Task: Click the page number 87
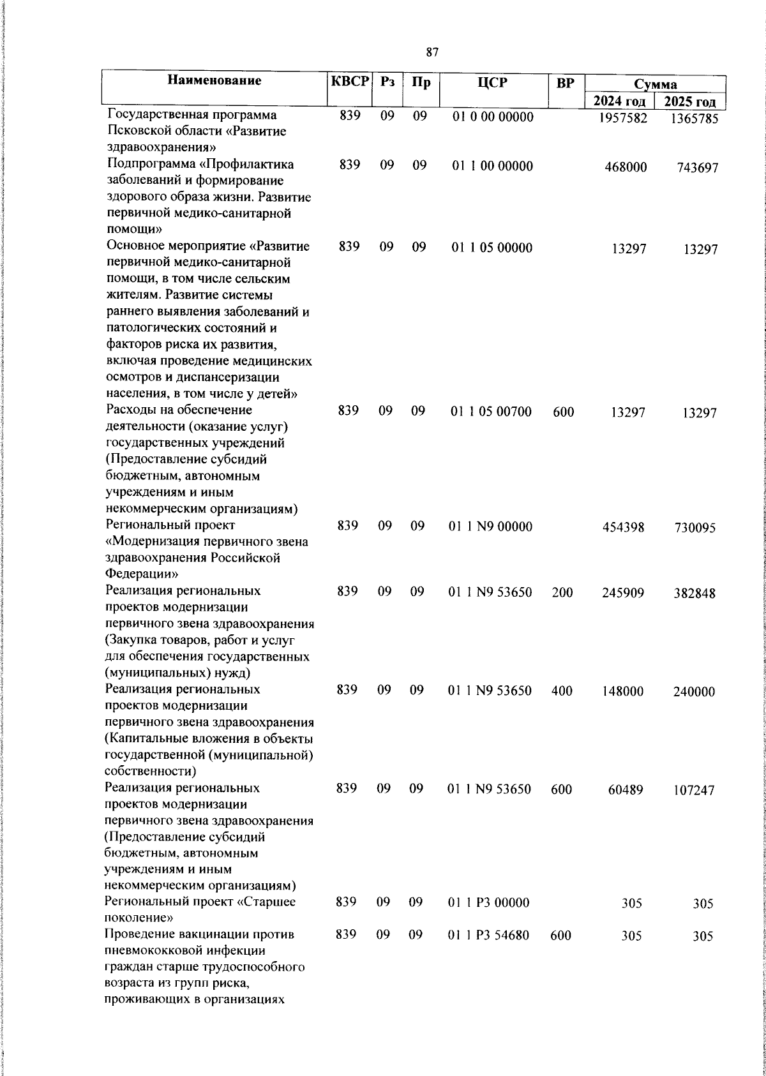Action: point(432,52)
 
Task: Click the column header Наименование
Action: point(214,80)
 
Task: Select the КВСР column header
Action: point(350,82)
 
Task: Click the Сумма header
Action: point(656,84)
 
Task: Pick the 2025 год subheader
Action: point(690,101)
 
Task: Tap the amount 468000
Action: point(626,167)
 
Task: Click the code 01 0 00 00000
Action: point(493,117)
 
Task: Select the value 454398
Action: point(623,528)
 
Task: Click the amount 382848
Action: point(695,594)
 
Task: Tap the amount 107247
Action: point(695,791)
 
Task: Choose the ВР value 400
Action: point(562,691)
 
